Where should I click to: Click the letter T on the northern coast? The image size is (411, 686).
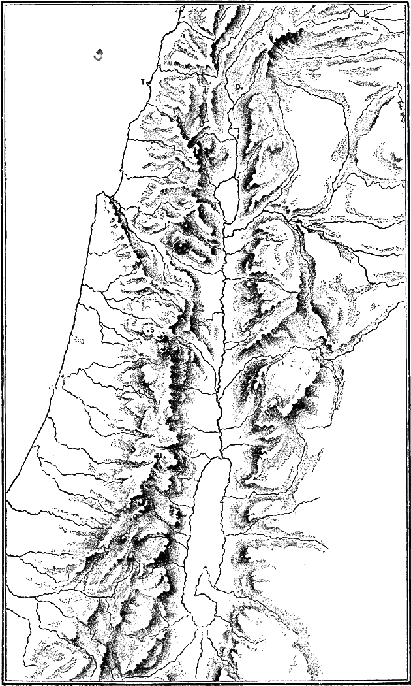(143, 82)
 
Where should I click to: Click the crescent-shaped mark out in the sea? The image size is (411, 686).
(99, 54)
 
